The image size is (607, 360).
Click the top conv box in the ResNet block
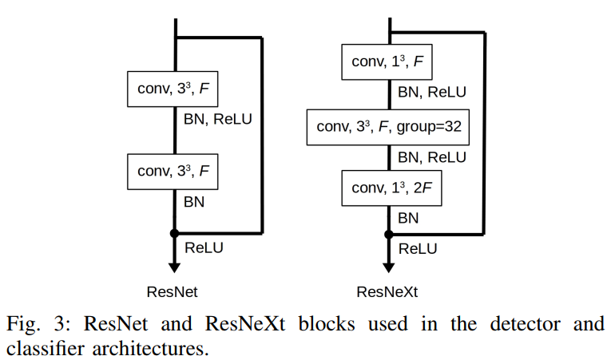click(173, 89)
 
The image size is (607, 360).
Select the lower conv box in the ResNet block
click(173, 171)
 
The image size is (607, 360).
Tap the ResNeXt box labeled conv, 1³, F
click(387, 62)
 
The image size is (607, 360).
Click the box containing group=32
click(389, 126)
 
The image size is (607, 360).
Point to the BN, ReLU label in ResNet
click(217, 120)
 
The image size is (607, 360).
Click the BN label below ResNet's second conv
click(194, 202)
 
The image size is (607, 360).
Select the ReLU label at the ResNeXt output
click(418, 248)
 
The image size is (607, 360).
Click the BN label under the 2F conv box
click(408, 217)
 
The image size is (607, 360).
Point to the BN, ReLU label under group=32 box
click(431, 157)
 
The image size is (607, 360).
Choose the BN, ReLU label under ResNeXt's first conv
click(431, 93)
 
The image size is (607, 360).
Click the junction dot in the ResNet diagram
click(173, 234)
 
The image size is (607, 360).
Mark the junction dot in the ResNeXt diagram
click(389, 235)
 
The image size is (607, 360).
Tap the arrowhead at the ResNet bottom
click(173, 267)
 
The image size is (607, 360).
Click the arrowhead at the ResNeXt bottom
click(389, 267)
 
